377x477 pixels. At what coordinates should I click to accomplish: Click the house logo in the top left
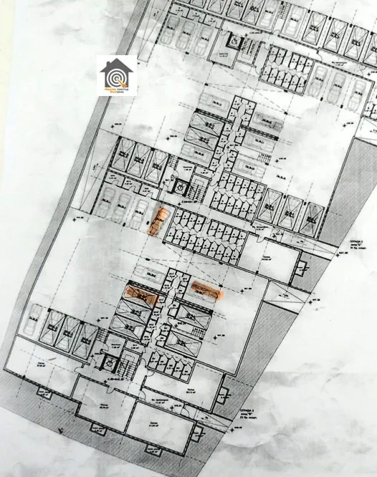(x=117, y=74)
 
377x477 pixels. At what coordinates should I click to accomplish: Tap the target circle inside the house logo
(x=117, y=74)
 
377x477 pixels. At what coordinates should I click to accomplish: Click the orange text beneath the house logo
(x=117, y=90)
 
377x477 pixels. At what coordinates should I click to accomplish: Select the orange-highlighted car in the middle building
(x=157, y=221)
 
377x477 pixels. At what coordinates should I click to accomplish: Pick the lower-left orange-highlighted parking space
(x=140, y=294)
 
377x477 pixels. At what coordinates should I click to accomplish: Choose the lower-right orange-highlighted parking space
(x=205, y=290)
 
